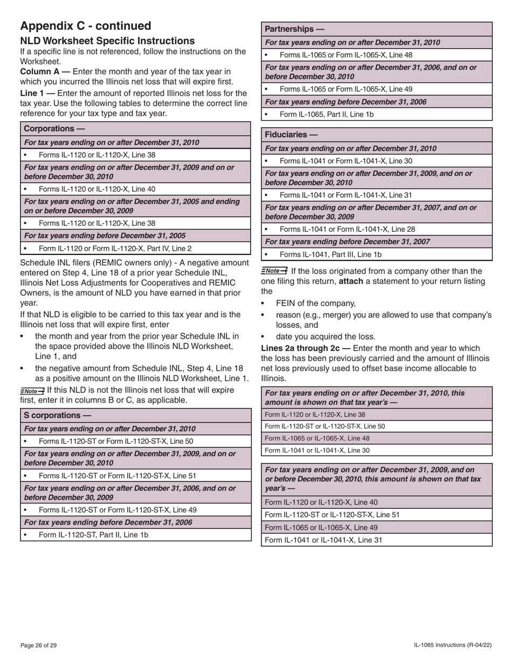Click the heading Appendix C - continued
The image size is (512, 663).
tap(86, 26)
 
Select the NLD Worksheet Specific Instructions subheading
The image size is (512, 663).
tap(107, 41)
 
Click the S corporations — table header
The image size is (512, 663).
tap(58, 416)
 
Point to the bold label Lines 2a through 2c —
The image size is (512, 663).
tap(306, 348)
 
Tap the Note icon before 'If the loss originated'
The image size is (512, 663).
tap(274, 271)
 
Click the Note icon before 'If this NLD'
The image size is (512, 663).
tap(32, 391)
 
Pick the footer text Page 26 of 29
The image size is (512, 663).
tap(38, 645)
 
